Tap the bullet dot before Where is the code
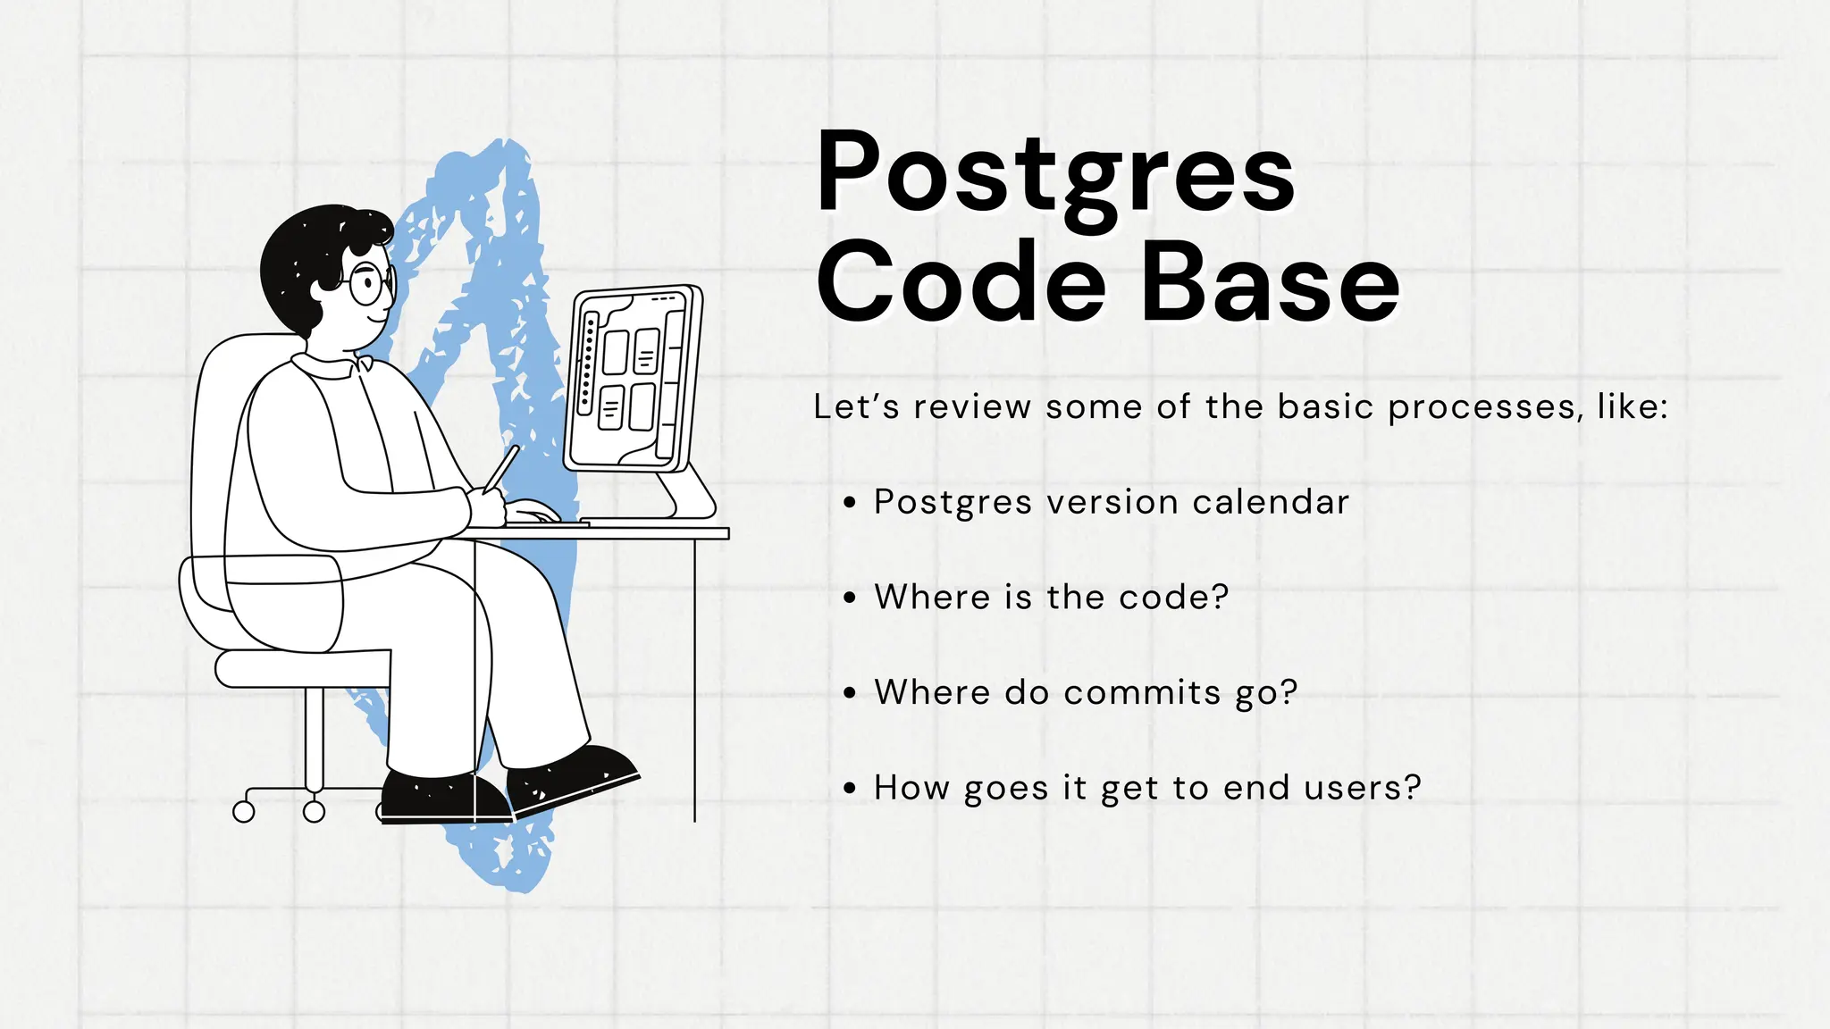coord(850,598)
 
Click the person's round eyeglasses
coord(368,284)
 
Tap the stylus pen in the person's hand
coord(501,468)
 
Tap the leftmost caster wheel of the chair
coord(243,811)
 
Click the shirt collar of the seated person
coord(331,366)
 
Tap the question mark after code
coord(1220,597)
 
